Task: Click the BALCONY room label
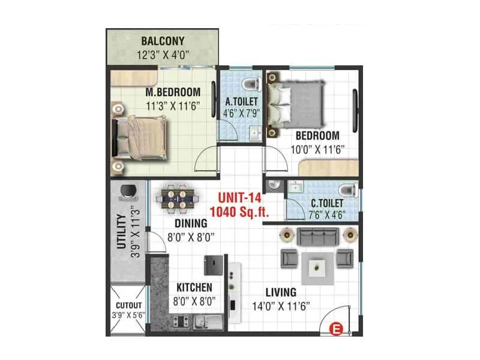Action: (x=163, y=41)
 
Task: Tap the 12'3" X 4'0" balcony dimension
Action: (x=163, y=54)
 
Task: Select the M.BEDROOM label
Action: (x=173, y=92)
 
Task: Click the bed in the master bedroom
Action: (x=141, y=137)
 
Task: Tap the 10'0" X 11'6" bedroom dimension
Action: (x=316, y=149)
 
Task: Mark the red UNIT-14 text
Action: (x=239, y=197)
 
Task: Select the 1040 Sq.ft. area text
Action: (x=239, y=211)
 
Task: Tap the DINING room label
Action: (x=191, y=223)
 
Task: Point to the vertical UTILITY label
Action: (x=121, y=231)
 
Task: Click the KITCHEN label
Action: (x=194, y=287)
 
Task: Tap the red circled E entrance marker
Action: (x=337, y=328)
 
